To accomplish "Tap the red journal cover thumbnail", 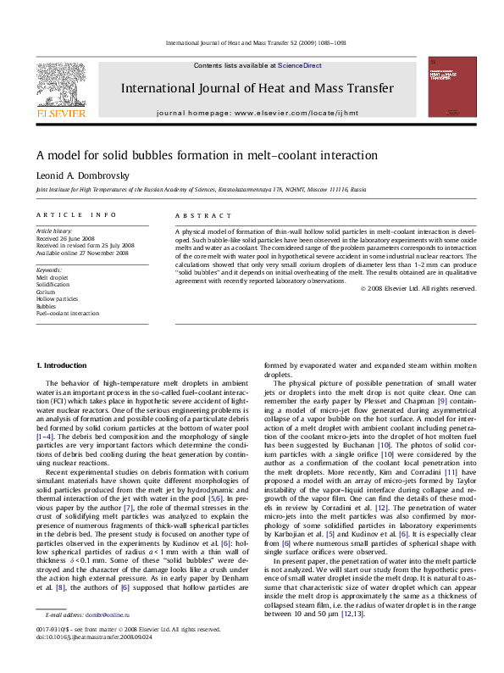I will pos(451,86).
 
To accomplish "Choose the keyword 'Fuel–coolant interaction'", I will pos(67,313).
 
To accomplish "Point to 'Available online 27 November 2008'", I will pos(81,253).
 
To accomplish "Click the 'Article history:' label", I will pos(54,231).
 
